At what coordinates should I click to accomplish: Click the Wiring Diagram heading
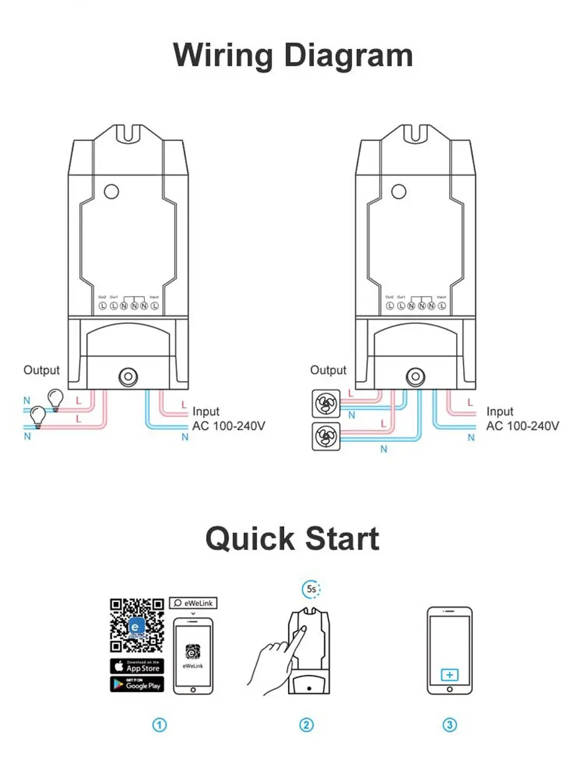coord(293,56)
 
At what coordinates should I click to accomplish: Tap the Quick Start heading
coord(292,538)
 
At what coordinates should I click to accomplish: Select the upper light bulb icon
coord(55,399)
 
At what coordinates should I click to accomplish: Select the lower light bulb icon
coord(38,416)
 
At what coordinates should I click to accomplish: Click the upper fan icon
coord(326,403)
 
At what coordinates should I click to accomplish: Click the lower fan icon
coord(326,436)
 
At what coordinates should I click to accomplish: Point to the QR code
coord(137,625)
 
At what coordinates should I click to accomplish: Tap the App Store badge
coord(137,666)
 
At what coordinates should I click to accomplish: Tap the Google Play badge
coord(137,684)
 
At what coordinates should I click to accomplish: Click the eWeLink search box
coord(193,603)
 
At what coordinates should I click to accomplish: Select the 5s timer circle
coord(312,589)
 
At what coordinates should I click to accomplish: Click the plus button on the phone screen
coord(449,675)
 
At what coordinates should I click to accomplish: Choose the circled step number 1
coord(159,725)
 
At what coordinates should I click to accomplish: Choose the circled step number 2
coord(307,725)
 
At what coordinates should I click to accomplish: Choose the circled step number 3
coord(449,725)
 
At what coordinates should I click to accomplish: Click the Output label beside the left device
coord(41,370)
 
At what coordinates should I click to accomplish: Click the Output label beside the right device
coord(328,370)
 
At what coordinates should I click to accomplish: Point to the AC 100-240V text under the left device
coord(228,426)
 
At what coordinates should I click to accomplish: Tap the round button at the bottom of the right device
coord(415,376)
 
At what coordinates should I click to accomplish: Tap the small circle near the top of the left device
coord(111,191)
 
